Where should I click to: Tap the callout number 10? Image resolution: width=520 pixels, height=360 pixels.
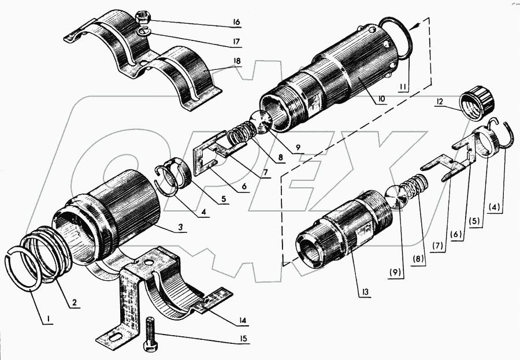coord(381,99)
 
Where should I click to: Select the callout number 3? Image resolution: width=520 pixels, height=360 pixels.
coord(181,228)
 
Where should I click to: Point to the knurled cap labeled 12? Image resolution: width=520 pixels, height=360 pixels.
coord(477,103)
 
